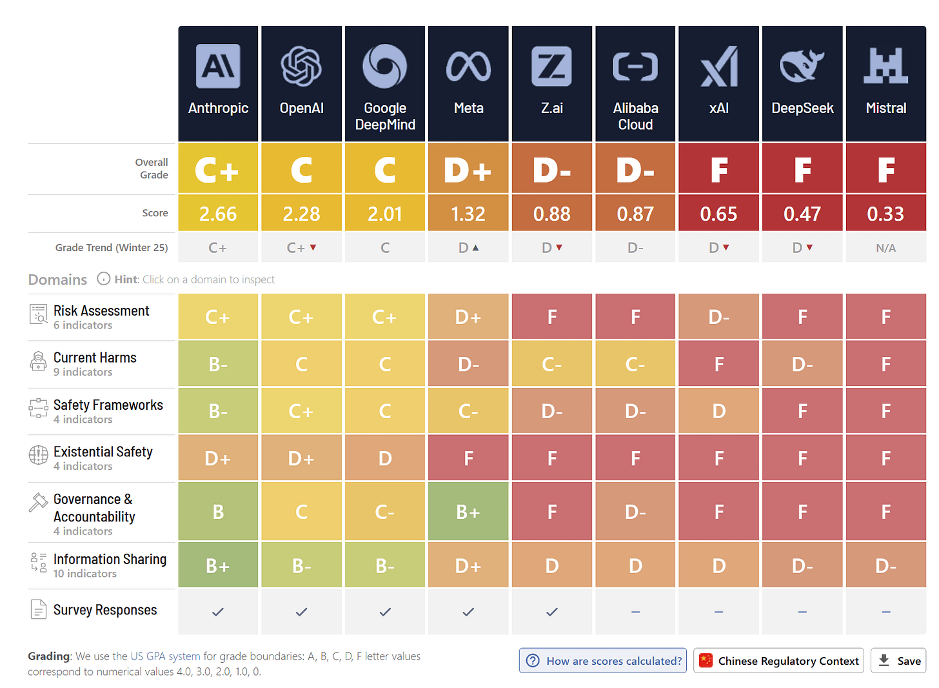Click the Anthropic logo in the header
[x=218, y=66]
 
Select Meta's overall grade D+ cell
[x=468, y=169]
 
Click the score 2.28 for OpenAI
[x=301, y=214]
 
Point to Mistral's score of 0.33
[x=885, y=214]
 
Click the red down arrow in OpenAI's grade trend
[x=313, y=248]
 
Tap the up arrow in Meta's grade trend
[x=475, y=248]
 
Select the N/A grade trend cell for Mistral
[x=885, y=248]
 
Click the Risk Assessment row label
[x=101, y=311]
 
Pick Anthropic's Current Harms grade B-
[x=218, y=364]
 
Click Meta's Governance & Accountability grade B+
[x=468, y=511]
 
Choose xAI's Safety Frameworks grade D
[x=718, y=410]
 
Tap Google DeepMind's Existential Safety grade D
[x=385, y=458]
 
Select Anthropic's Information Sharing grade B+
[x=218, y=565]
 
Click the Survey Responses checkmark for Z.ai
[x=551, y=612]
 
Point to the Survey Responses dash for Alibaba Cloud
[x=635, y=612]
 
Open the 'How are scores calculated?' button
[x=603, y=661]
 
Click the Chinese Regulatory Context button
[x=778, y=661]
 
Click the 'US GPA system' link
[x=165, y=656]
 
